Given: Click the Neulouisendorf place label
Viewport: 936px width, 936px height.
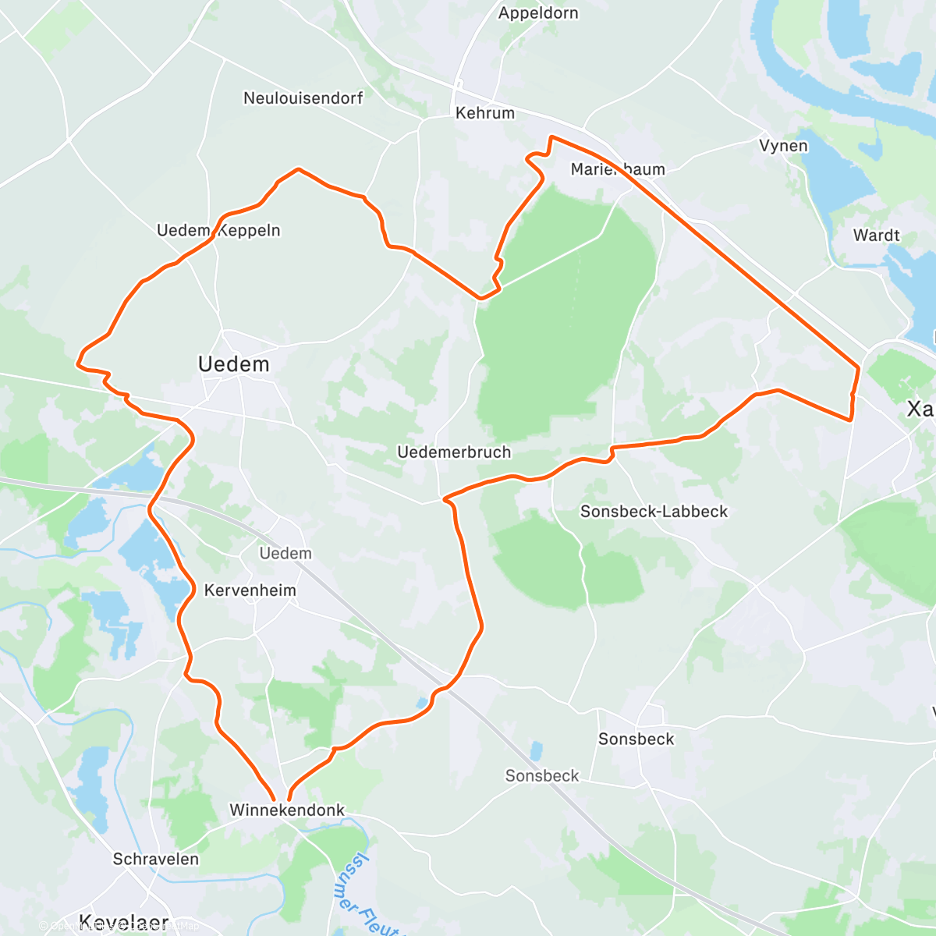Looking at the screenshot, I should (303, 98).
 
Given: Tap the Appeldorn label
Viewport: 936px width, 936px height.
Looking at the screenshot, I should (538, 13).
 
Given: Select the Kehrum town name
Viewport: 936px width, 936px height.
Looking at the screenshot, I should (484, 113).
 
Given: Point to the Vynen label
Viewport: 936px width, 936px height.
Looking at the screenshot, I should (783, 146).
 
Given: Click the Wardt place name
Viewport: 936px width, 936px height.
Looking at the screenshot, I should (876, 236).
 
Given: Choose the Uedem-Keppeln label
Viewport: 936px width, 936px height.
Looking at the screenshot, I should (218, 231).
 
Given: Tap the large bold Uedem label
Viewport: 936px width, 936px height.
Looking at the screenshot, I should (233, 364).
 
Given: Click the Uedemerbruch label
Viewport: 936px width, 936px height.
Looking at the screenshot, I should (454, 452).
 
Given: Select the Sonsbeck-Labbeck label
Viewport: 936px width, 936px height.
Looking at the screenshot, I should (654, 512).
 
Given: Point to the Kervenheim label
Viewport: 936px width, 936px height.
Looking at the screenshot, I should (250, 590).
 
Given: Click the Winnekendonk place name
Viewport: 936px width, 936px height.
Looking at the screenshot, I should (287, 810).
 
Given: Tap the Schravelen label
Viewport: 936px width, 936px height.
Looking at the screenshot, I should (156, 860).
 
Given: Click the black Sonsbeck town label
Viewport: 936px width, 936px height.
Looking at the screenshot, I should (636, 739).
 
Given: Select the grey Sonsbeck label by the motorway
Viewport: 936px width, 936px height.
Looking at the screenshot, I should (542, 776).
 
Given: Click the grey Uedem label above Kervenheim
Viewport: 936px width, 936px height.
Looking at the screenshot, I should (285, 554).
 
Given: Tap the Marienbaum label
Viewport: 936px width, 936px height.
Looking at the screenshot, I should (618, 170).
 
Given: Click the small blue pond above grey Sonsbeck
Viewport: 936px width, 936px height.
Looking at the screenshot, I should (536, 751).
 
